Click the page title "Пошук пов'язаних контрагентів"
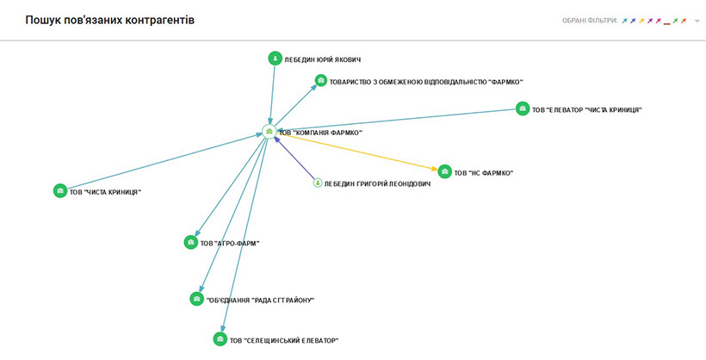click(110, 20)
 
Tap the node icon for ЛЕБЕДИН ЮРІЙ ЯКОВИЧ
click(275, 59)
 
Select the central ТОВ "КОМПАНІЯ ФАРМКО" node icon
click(269, 132)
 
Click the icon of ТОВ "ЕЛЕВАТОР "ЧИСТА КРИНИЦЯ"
click(523, 109)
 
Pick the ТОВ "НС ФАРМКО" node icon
click(444, 171)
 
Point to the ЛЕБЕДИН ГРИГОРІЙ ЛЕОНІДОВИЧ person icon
click(317, 183)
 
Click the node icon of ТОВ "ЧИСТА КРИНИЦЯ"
click(59, 191)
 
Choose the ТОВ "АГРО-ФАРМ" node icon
click(190, 243)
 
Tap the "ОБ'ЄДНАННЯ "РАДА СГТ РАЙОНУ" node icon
click(196, 299)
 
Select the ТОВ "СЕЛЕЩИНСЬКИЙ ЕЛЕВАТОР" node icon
click(220, 339)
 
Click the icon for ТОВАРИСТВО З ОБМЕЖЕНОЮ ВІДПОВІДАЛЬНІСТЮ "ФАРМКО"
click(320, 81)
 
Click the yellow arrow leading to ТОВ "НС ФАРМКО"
click(362, 153)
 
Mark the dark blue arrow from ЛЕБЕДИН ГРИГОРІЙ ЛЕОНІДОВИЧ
click(294, 158)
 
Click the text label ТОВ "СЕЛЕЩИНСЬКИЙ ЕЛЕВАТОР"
click(284, 340)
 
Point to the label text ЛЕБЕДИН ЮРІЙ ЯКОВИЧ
click(322, 59)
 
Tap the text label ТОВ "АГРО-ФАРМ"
click(230, 244)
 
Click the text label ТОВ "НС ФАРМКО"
click(484, 173)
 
